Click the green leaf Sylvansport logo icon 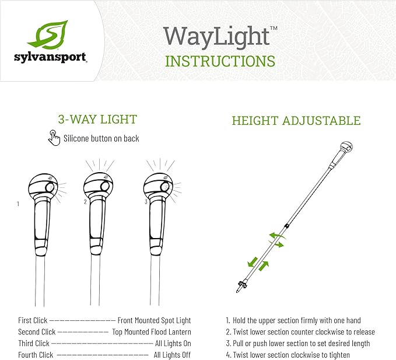tap(48, 34)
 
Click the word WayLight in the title tap(217, 37)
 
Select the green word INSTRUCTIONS tap(220, 61)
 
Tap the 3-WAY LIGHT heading tap(97, 119)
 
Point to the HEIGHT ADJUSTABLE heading tap(296, 121)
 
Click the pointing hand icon tap(54, 138)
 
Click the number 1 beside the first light tap(18, 204)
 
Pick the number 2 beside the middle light tap(85, 202)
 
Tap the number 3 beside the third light tap(146, 202)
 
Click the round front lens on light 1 tap(50, 188)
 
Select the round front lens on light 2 tap(104, 187)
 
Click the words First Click tap(33, 320)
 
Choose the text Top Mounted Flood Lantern tap(152, 332)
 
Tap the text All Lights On tap(173, 343)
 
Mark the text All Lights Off tap(172, 355)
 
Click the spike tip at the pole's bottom tap(237, 292)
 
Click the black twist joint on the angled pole tap(286, 226)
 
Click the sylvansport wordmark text tap(51, 58)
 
